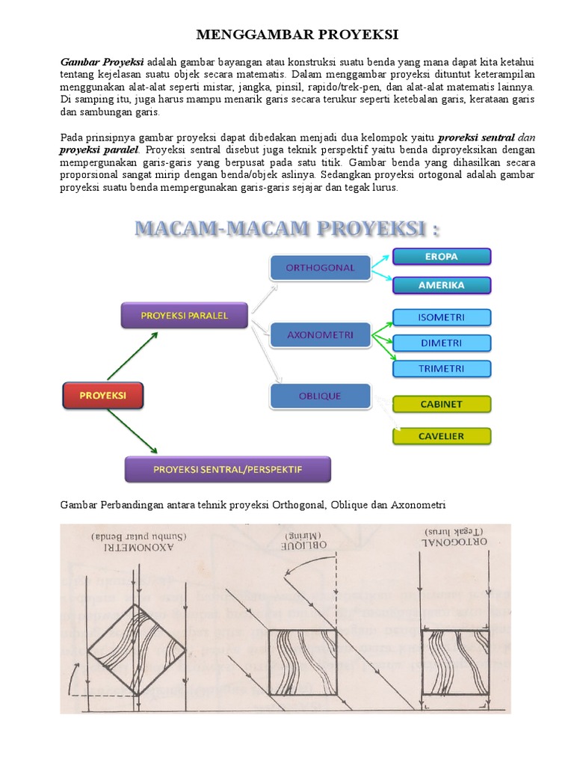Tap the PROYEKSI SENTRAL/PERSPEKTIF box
click(227, 470)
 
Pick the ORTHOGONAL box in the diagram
click(319, 268)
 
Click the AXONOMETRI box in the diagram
click(319, 335)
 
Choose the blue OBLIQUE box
click(319, 396)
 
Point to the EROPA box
click(442, 257)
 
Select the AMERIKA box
click(442, 285)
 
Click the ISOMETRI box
click(442, 317)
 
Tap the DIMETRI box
click(442, 343)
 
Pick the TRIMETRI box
click(442, 369)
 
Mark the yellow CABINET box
click(442, 404)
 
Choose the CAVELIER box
click(442, 436)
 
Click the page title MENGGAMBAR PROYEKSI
click(287, 35)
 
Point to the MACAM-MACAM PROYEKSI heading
click(286, 228)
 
